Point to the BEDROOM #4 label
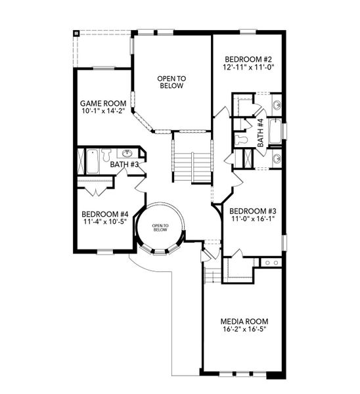[x=105, y=214]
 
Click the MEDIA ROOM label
[x=244, y=321]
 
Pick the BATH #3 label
[x=124, y=164]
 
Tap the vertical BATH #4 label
[x=260, y=131]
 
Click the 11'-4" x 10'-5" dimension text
[x=105, y=222]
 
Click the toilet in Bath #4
[x=242, y=139]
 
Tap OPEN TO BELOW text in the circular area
[x=161, y=227]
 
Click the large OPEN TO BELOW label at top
[x=171, y=82]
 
